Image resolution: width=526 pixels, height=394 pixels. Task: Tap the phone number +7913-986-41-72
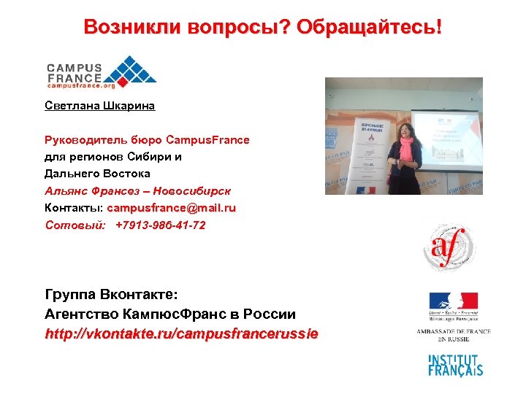click(x=161, y=225)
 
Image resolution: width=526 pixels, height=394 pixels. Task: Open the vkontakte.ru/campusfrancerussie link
click(x=182, y=335)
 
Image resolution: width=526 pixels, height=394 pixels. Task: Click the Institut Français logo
click(x=454, y=364)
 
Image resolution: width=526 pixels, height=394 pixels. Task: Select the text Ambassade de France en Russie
click(x=453, y=335)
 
